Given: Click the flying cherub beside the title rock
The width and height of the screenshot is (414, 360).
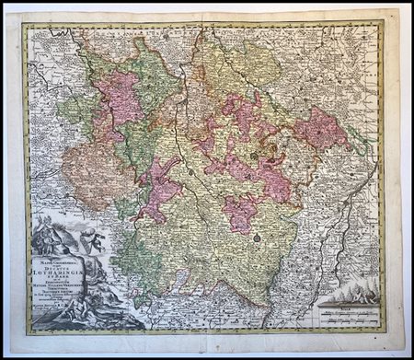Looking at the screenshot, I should coord(90,240).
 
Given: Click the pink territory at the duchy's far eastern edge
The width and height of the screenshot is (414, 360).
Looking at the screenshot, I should coord(321,129).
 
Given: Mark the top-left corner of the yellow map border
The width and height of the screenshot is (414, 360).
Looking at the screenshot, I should coord(26,26).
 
